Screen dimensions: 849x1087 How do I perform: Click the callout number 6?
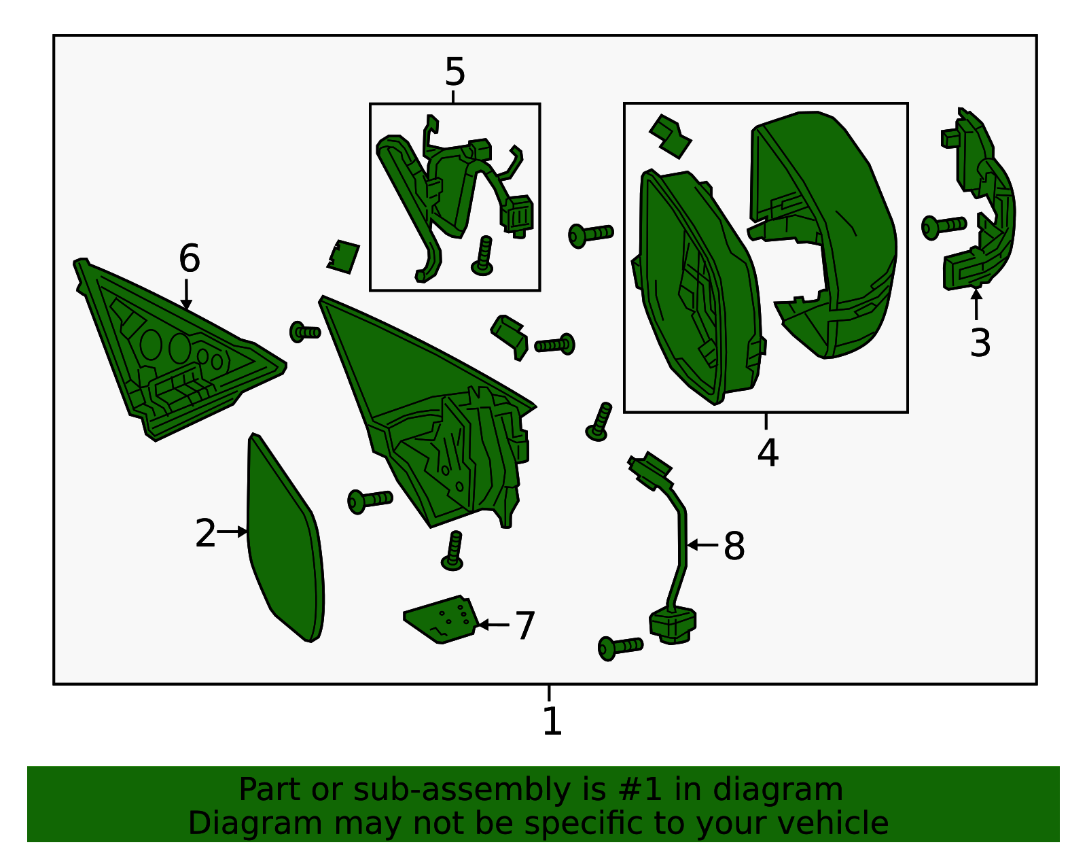189,259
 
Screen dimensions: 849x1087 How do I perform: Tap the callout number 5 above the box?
455,72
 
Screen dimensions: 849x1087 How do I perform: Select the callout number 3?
980,343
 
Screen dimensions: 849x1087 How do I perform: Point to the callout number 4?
768,453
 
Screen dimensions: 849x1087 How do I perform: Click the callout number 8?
734,546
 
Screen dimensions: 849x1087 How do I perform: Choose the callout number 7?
525,625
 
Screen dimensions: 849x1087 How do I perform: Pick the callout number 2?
205,534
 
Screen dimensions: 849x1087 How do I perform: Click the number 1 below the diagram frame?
552,721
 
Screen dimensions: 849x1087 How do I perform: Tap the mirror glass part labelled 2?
284,544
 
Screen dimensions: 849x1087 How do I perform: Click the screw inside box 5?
484,257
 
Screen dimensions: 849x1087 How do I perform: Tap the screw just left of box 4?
590,235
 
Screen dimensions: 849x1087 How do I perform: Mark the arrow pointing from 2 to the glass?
233,532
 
